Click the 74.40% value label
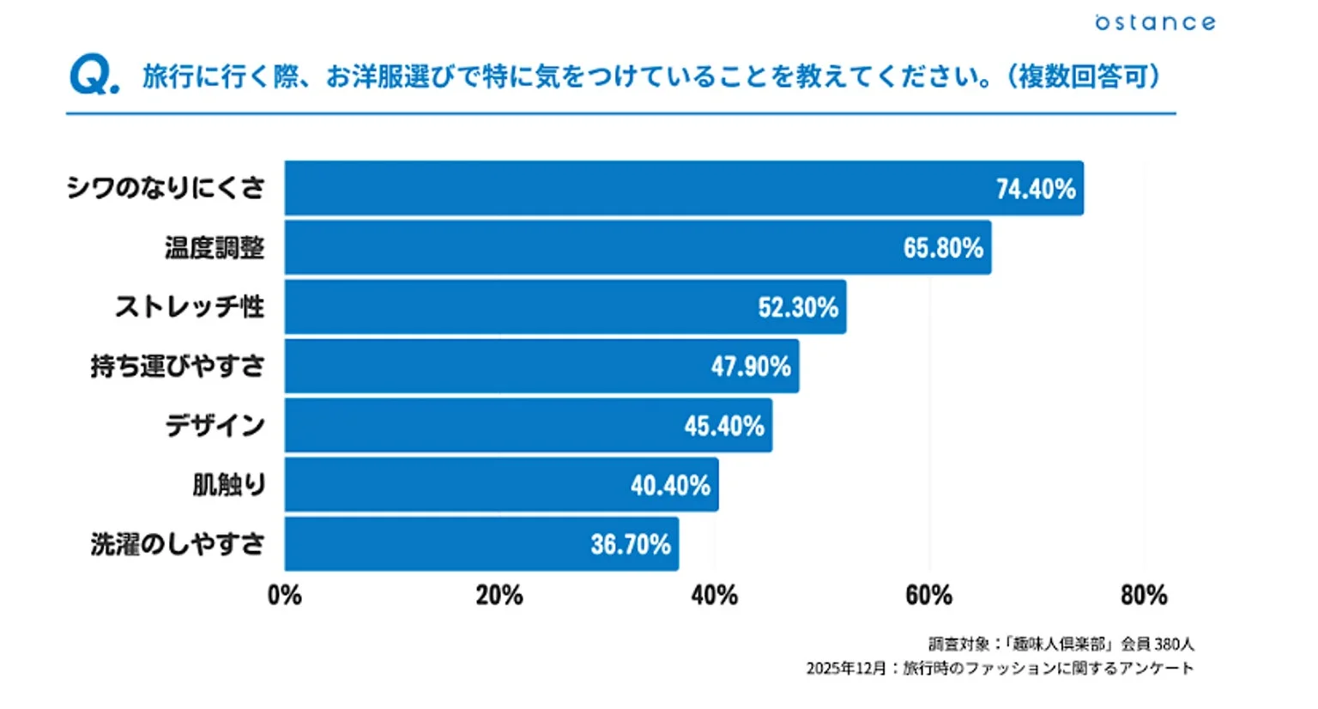(x=1035, y=189)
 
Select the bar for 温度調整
(x=601, y=248)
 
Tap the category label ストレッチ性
(x=190, y=306)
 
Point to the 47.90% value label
(x=750, y=367)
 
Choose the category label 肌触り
(x=228, y=485)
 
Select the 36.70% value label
(x=630, y=544)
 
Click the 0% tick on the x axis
(x=285, y=595)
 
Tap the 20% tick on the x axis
(x=499, y=595)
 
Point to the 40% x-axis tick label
(x=714, y=595)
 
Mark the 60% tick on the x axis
(x=928, y=595)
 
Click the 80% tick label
(x=1143, y=595)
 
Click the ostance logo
(x=1155, y=22)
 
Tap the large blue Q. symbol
(x=94, y=76)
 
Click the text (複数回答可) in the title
(x=1084, y=76)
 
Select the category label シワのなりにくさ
(x=166, y=188)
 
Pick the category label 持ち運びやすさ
(x=178, y=367)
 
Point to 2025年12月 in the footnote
(x=845, y=668)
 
